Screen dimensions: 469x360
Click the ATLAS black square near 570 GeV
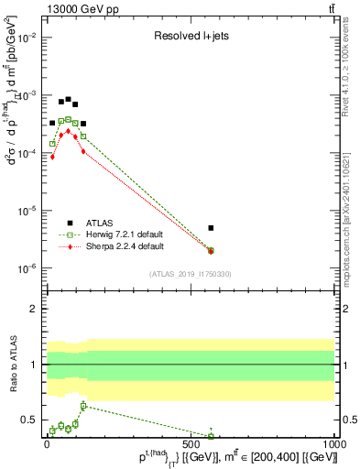[x=212, y=228]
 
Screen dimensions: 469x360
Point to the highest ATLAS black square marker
[x=68, y=99]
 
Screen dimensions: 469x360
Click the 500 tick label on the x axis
[x=191, y=446]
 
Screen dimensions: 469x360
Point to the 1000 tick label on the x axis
[x=334, y=446]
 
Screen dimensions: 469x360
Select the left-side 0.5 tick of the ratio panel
[x=30, y=420]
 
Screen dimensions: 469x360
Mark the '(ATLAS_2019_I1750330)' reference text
[x=190, y=273]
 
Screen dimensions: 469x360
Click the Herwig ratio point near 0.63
[x=83, y=405]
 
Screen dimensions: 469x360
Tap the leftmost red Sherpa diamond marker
[x=53, y=157]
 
